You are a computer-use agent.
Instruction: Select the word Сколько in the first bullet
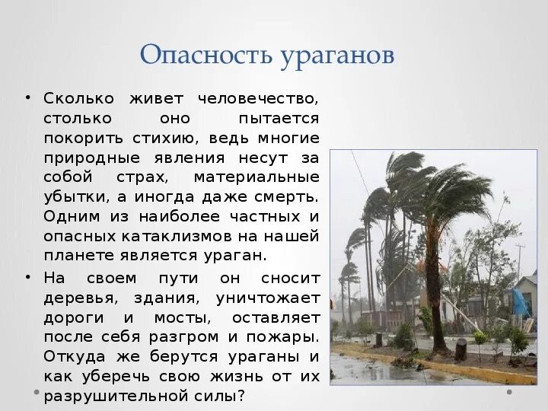click(78, 98)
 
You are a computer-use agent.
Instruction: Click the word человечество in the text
click(258, 98)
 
